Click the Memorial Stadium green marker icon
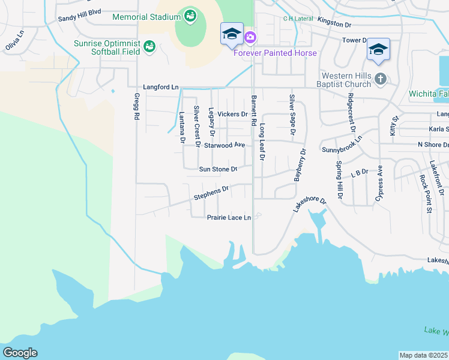pyautogui.click(x=190, y=16)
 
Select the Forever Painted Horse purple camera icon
pyautogui.click(x=249, y=38)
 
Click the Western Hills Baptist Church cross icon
pyautogui.click(x=379, y=79)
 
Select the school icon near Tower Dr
pyautogui.click(x=378, y=50)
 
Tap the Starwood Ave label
pyautogui.click(x=224, y=145)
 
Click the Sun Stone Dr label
pyautogui.click(x=218, y=169)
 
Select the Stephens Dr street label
pyautogui.click(x=211, y=193)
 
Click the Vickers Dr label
pyautogui.click(x=232, y=114)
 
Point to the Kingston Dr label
pyautogui.click(x=334, y=23)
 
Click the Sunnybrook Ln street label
pyautogui.click(x=342, y=144)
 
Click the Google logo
pyautogui.click(x=20, y=353)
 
